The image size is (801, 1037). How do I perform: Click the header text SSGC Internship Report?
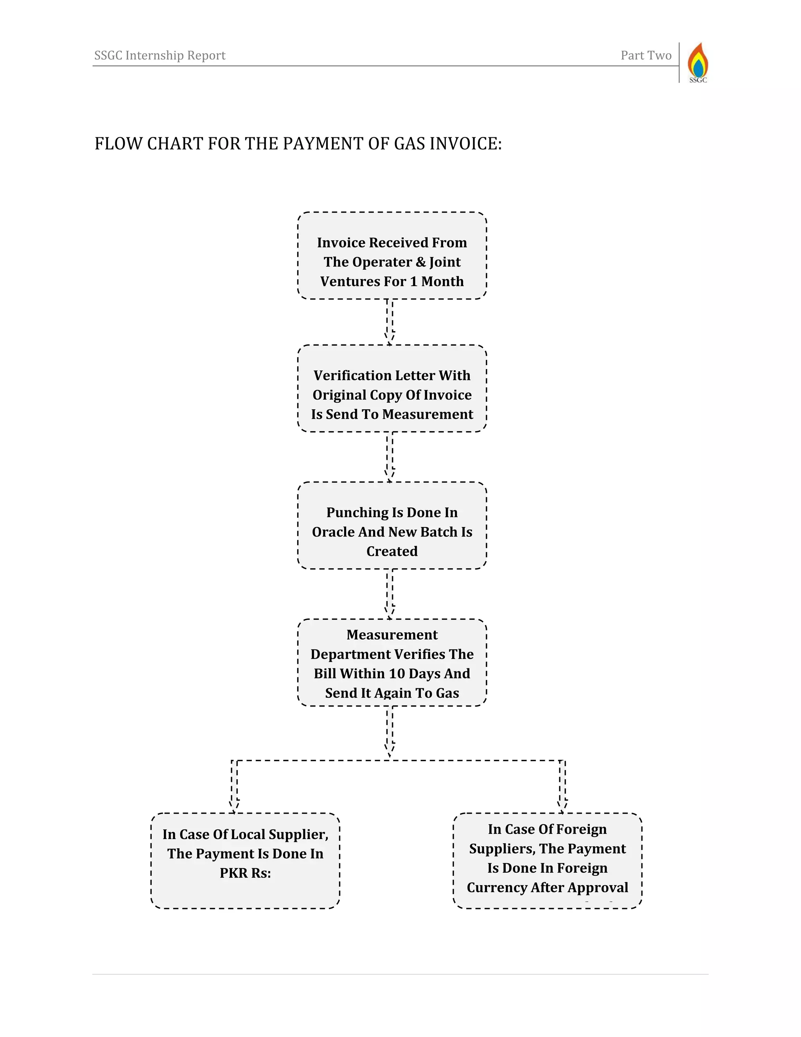160,56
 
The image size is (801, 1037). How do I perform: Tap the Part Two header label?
646,56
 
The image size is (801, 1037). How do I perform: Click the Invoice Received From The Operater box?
392,256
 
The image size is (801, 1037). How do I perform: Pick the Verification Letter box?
392,389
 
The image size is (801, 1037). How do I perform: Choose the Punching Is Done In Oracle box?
392,525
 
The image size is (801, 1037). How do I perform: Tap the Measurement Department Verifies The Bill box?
392,663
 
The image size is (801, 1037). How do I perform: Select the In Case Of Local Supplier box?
245,861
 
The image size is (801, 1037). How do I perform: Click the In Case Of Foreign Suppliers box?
547,861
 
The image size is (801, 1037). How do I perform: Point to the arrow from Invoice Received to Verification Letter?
390,321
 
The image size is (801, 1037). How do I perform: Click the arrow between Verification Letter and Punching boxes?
390,456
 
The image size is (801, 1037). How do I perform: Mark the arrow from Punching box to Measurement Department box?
390,594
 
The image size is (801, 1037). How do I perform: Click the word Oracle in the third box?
333,532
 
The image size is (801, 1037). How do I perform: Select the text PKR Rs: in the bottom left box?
245,873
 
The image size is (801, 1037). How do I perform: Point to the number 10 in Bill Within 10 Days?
397,673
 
